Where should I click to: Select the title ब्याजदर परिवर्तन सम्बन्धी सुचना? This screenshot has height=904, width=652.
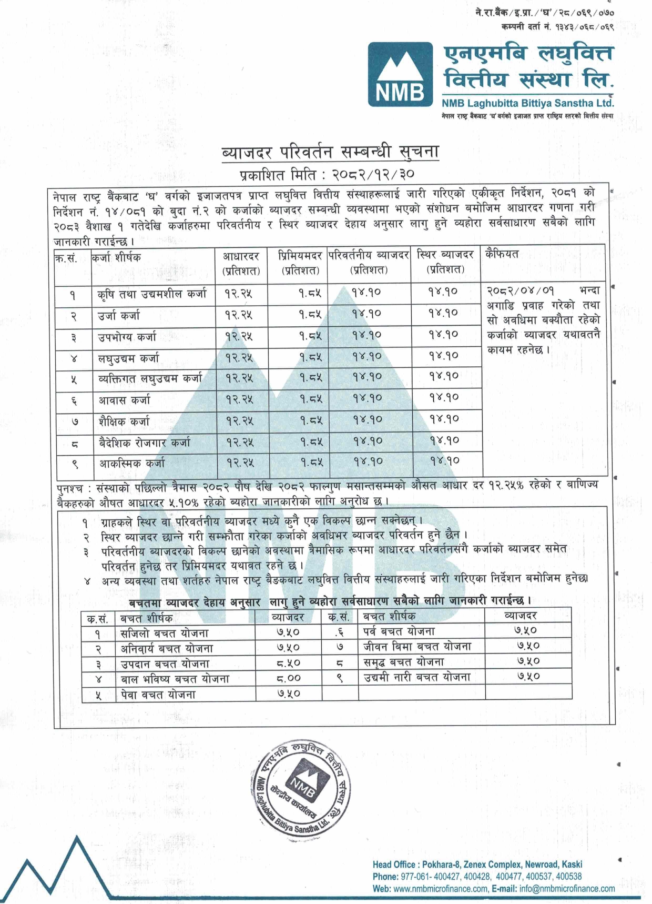330,152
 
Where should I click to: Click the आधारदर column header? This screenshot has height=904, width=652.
241,263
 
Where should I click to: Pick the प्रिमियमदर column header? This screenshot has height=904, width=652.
300,263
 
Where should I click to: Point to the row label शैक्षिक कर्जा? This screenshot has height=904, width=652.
124,421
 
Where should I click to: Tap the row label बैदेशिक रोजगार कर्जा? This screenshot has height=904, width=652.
145,443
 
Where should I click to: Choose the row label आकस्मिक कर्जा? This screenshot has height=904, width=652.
132,464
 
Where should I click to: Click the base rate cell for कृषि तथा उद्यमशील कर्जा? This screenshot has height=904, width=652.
238,293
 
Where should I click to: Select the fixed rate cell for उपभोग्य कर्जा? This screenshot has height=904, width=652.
443,334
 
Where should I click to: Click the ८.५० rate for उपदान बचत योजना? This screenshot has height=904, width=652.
288,664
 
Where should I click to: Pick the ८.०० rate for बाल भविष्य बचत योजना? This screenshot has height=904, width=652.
288,679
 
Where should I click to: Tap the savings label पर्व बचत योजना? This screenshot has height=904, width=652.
399,631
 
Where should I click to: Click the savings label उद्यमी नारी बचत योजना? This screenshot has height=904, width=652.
417,677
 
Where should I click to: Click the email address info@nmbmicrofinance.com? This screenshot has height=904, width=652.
567,889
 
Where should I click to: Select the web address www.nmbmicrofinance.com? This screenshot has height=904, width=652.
441,889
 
